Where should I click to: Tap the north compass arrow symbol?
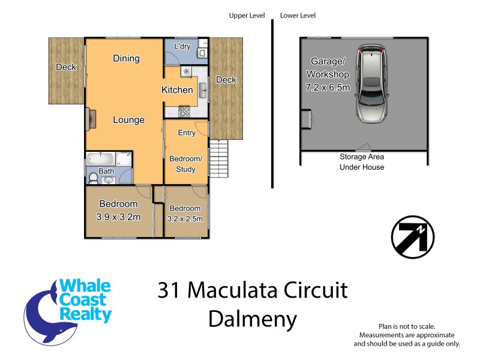click(412, 236)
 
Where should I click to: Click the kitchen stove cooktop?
click(184, 111)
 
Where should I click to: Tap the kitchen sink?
click(204, 91)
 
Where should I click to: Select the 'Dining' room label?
click(126, 58)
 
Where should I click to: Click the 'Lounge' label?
click(128, 120)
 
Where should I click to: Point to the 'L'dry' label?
click(182, 46)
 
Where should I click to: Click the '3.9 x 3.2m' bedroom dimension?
click(118, 217)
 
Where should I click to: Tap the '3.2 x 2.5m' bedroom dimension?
click(185, 219)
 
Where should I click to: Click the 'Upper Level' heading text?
click(247, 16)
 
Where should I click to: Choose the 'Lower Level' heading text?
click(298, 16)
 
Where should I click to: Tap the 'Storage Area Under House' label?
click(362, 162)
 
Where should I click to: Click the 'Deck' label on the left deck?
click(66, 67)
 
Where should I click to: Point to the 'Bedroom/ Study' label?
click(185, 164)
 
